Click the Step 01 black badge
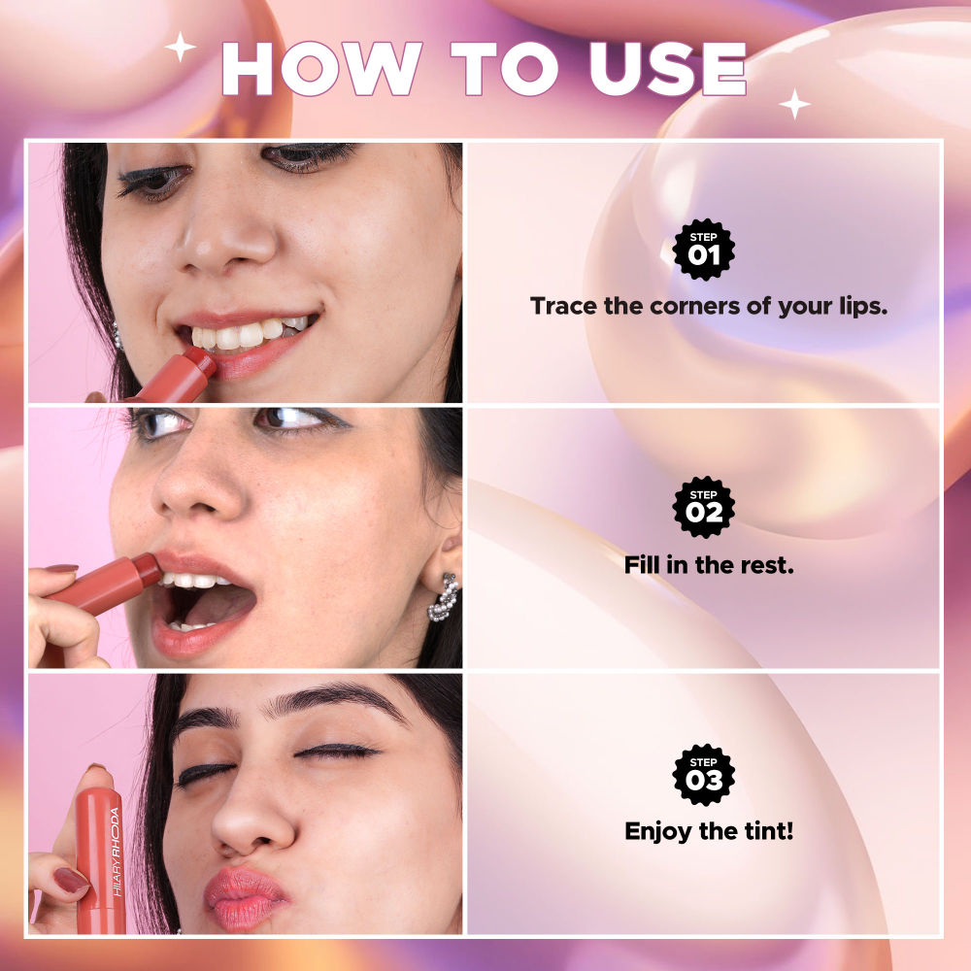click(x=704, y=250)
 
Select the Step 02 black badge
click(x=704, y=507)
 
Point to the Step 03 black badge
click(x=704, y=774)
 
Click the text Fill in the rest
click(x=709, y=563)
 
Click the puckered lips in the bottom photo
click(x=245, y=895)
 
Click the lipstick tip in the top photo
click(x=202, y=361)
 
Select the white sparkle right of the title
click(x=794, y=103)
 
